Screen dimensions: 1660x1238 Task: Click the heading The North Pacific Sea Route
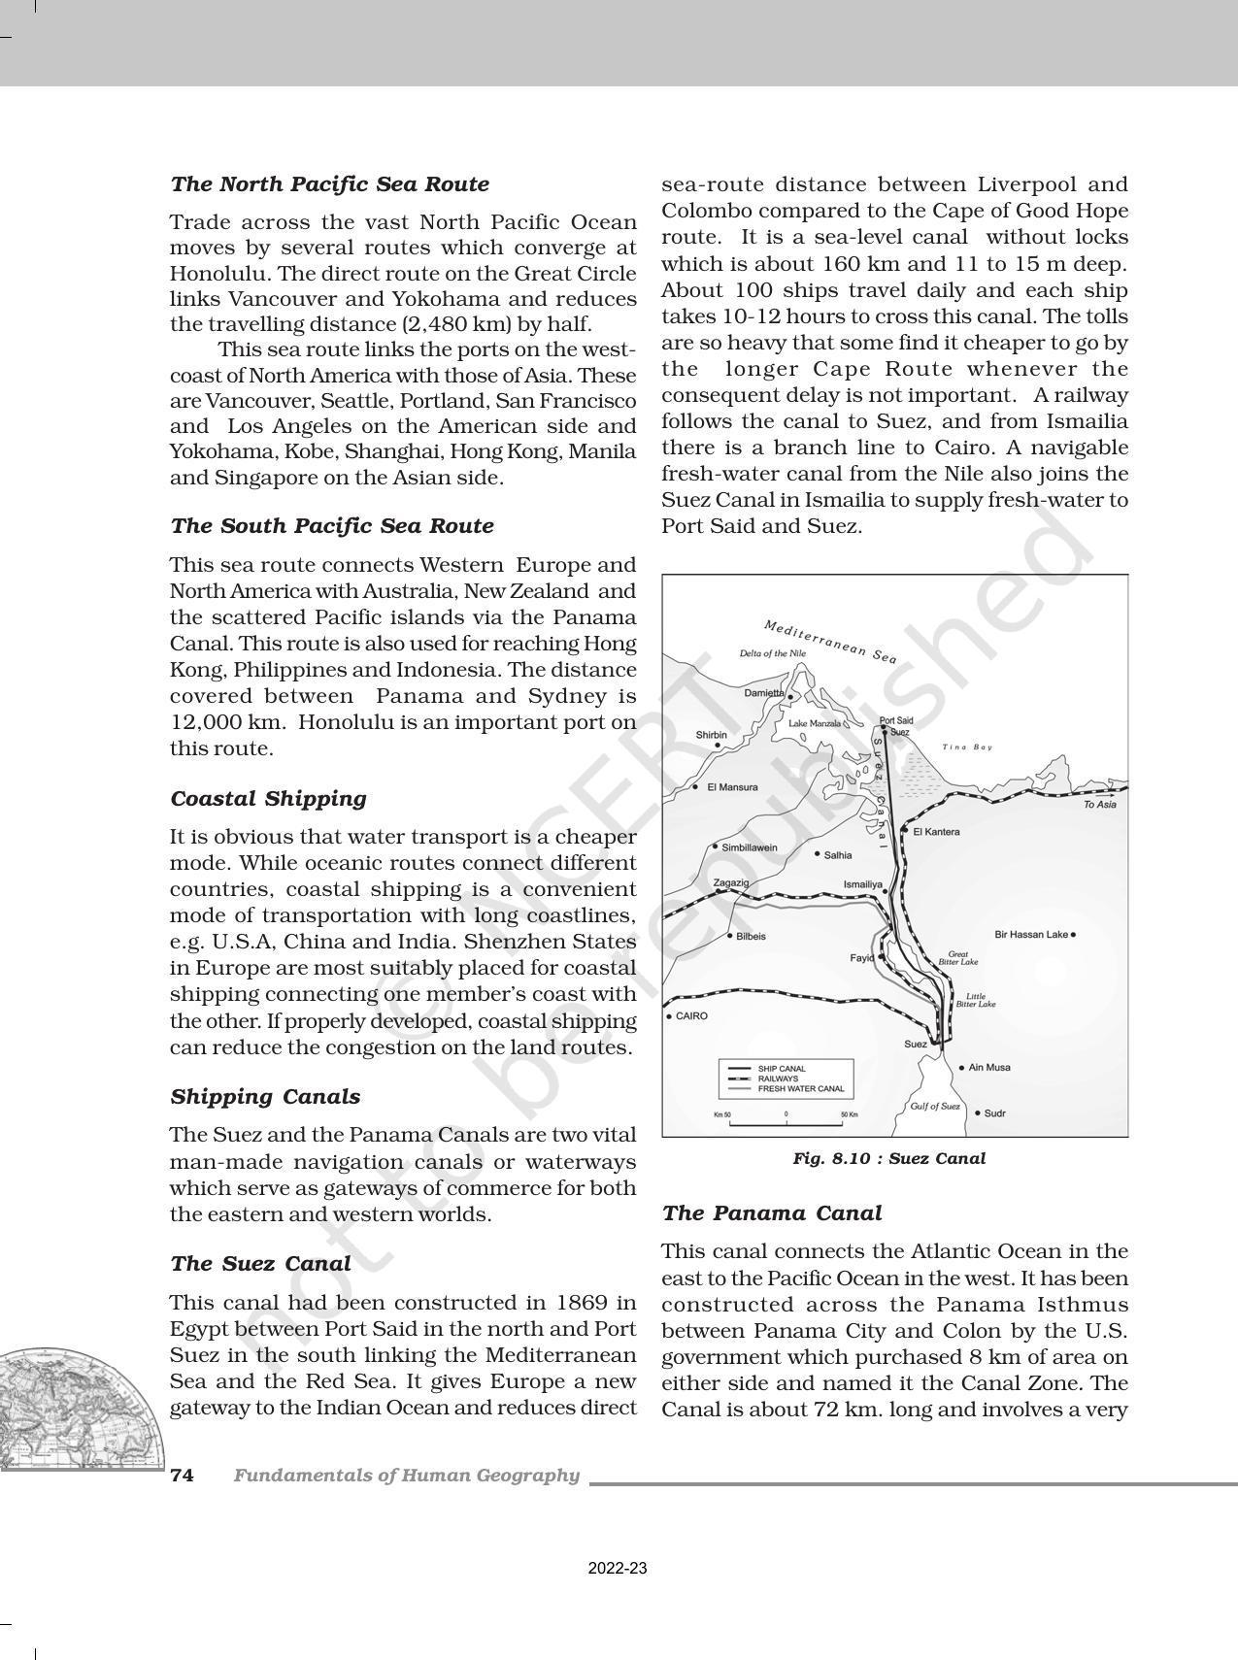[x=329, y=184]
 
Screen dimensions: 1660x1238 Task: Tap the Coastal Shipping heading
[x=269, y=799]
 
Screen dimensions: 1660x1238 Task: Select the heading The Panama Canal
[x=771, y=1213]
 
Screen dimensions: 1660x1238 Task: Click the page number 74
[x=182, y=1476]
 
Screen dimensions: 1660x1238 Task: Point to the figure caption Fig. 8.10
[x=888, y=1158]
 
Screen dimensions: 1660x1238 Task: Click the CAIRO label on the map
[x=691, y=1016]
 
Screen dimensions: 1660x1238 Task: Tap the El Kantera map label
[x=936, y=832]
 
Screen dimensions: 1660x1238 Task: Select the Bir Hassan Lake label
[x=1031, y=935]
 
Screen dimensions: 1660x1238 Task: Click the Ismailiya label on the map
[x=862, y=885]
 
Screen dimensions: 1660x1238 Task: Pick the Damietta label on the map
[x=764, y=693]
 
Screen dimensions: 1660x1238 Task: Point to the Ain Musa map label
[x=990, y=1068]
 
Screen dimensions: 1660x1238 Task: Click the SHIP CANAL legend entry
[x=782, y=1069]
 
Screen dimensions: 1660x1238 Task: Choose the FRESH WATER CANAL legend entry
[x=800, y=1089]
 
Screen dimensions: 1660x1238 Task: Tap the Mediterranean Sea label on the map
[x=830, y=642]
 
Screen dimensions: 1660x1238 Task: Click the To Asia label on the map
[x=1099, y=805]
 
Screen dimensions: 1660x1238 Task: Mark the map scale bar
[x=786, y=1123]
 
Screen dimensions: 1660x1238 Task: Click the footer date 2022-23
[x=618, y=1569]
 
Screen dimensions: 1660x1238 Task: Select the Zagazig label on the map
[x=731, y=883]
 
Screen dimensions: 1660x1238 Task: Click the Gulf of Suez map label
[x=934, y=1107]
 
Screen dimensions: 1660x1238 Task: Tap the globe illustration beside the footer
[x=73, y=1408]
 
